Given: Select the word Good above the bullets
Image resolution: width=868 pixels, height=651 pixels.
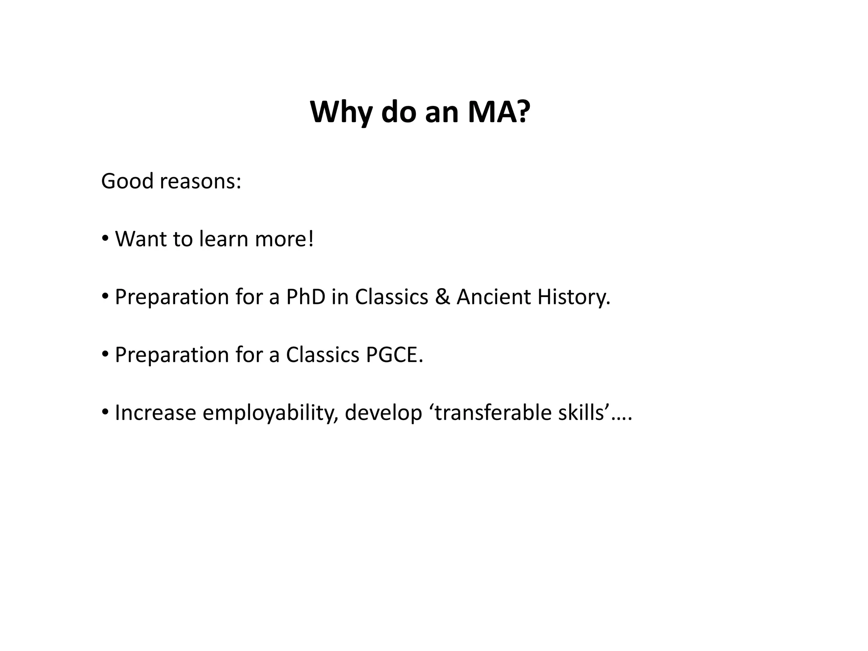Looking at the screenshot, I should [x=127, y=181].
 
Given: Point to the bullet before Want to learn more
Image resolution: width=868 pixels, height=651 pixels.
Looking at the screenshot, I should [x=105, y=238].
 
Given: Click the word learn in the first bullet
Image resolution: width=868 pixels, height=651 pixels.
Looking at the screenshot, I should [x=224, y=239].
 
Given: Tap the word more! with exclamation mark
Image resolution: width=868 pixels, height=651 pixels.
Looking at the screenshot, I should [x=284, y=239].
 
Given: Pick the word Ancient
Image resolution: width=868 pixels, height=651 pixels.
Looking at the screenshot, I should [x=494, y=297].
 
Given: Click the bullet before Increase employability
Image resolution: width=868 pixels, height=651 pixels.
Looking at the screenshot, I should [x=105, y=412].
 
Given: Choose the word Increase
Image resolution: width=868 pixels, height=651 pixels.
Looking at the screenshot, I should [x=156, y=413].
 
